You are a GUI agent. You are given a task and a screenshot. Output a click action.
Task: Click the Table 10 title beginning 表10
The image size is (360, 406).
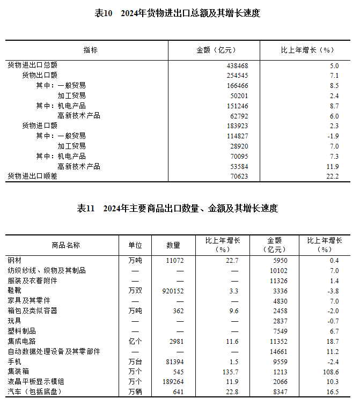tap(177, 13)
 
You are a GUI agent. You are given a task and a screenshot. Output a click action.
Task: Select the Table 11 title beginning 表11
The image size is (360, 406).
tap(177, 209)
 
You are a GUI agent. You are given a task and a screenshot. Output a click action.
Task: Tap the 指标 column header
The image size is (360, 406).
tap(90, 50)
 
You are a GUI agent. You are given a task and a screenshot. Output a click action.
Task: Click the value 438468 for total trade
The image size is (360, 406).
tap(237, 65)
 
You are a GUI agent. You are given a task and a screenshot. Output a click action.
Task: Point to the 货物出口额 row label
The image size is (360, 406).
tap(39, 76)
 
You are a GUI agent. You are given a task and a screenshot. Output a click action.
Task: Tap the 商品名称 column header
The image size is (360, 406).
tap(65, 245)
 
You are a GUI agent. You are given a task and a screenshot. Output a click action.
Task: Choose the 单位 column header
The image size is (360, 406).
tap(135, 245)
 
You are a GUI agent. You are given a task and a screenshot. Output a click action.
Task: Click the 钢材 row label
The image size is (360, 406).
tap(14, 260)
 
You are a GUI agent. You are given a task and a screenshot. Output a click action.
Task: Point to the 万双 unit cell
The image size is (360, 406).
tap(135, 291)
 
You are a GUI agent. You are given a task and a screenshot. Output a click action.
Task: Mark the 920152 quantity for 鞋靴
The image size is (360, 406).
tap(172, 291)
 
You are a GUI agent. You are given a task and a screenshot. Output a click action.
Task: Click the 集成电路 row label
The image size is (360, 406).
tap(21, 341)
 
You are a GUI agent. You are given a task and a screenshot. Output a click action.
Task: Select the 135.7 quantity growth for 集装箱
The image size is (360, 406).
tap(230, 372)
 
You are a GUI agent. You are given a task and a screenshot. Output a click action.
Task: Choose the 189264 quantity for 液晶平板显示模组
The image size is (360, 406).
tap(172, 382)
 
